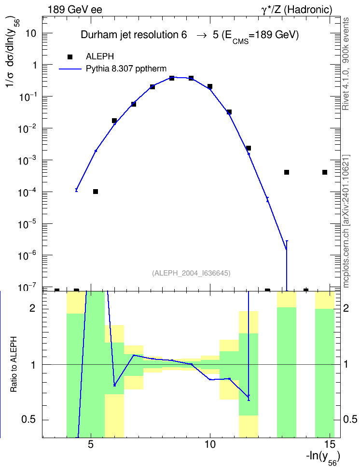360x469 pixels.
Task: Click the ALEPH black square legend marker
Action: click(70, 56)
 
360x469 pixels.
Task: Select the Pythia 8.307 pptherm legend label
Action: click(126, 69)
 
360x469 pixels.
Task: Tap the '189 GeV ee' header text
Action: click(75, 10)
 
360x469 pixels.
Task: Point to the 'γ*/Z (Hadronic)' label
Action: click(297, 10)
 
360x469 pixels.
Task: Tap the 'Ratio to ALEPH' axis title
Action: click(14, 364)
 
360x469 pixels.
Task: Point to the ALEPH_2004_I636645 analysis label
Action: click(191, 273)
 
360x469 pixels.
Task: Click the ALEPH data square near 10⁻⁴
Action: click(96, 192)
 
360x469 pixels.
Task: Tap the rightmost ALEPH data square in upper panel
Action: click(325, 172)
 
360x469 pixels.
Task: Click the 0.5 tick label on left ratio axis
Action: click(28, 420)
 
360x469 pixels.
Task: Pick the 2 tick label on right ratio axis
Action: click(346, 308)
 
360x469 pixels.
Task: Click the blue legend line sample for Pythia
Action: click(70, 69)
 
